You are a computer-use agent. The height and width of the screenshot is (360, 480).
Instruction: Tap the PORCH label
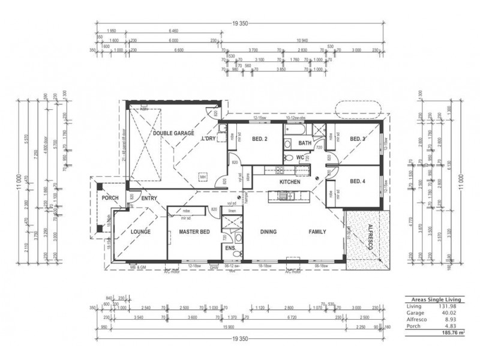point(110,198)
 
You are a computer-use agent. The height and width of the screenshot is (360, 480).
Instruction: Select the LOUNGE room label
point(140,231)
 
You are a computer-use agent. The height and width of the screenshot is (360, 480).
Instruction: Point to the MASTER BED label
point(194,231)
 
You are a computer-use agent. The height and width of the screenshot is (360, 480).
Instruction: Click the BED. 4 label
point(358,181)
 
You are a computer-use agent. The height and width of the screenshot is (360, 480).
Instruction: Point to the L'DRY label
point(208,139)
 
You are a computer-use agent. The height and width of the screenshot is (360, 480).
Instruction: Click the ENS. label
point(229,247)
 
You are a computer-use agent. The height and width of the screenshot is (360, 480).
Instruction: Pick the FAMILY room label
point(317,231)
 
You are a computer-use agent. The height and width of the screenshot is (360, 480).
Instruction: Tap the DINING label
point(268,231)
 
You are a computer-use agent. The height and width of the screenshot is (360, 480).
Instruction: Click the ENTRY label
point(149,198)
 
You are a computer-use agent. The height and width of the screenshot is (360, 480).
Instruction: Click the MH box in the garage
point(203,177)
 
